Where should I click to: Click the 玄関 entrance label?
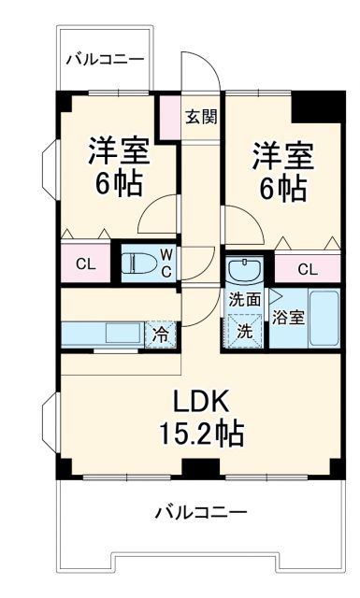pyautogui.click(x=200, y=117)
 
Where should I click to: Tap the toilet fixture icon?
pyautogui.click(x=141, y=263)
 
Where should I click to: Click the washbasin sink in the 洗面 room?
pyautogui.click(x=247, y=270)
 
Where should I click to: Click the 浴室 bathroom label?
pyautogui.click(x=287, y=317)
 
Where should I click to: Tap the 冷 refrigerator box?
pyautogui.click(x=162, y=334)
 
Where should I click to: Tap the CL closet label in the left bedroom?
pyautogui.click(x=85, y=263)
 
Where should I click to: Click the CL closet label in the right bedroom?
pyautogui.click(x=305, y=270)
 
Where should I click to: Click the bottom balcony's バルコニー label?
pyautogui.click(x=200, y=512)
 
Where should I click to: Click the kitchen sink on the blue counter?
pyautogui.click(x=122, y=333)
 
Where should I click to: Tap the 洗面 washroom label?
pyautogui.click(x=246, y=300)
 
